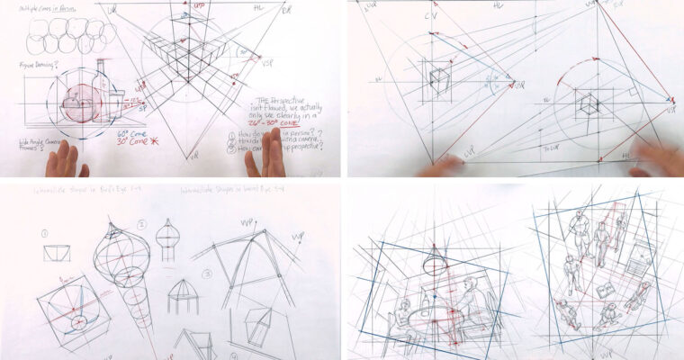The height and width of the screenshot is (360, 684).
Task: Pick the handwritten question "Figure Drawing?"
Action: click(x=37, y=65)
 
